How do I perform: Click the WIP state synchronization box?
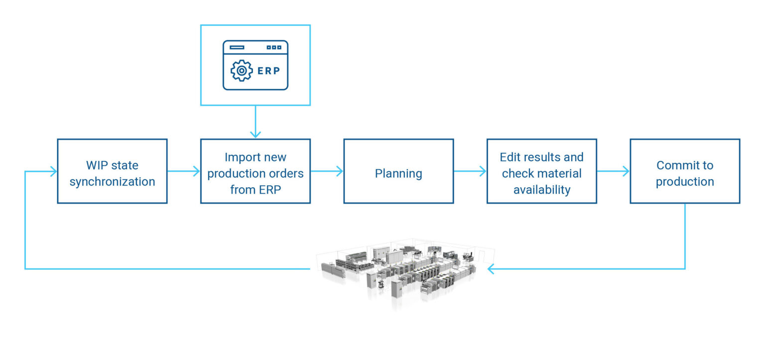[112, 171]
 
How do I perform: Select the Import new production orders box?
[255, 171]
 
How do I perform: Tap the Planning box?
[398, 171]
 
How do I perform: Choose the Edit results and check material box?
[541, 171]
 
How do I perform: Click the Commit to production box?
[685, 171]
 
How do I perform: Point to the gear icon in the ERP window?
[242, 71]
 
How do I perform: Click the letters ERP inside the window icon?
[269, 71]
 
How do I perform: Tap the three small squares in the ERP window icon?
[274, 47]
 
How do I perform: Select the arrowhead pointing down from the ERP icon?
[255, 133]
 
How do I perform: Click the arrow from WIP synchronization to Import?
[184, 171]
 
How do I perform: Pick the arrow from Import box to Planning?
[327, 171]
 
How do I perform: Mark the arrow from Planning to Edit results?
[470, 171]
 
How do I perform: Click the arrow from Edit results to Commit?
[613, 171]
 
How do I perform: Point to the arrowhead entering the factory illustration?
[492, 269]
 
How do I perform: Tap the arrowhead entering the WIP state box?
[52, 171]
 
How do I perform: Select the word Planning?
[398, 173]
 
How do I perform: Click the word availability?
[542, 190]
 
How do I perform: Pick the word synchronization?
[112, 182]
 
